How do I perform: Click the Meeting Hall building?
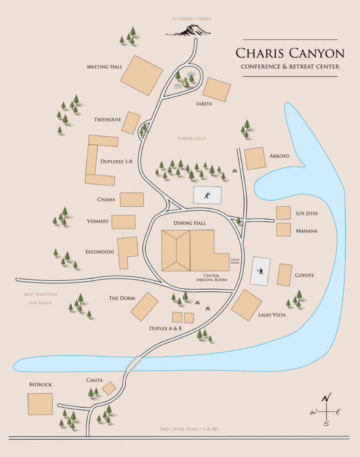pyautogui.click(x=142, y=75)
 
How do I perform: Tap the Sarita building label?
pyautogui.click(x=203, y=104)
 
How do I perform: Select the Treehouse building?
pyautogui.click(x=131, y=123)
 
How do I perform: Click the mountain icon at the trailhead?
pyautogui.click(x=190, y=30)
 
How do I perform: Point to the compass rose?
pyautogui.click(x=327, y=411)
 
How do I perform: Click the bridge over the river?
pyautogui.click(x=133, y=363)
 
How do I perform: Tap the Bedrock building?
pyautogui.click(x=40, y=404)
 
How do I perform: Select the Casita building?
pyautogui.click(x=109, y=388)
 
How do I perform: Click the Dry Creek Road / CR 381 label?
pyautogui.click(x=189, y=429)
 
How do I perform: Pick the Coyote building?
pyautogui.click(x=285, y=274)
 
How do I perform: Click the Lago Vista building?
pyautogui.click(x=246, y=305)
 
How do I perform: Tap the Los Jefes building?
pyautogui.click(x=283, y=213)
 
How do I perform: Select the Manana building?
pyautogui.click(x=283, y=229)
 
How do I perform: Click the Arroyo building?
pyautogui.click(x=255, y=158)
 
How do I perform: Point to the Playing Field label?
pyautogui.click(x=192, y=139)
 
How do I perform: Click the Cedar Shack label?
pyautogui.click(x=235, y=261)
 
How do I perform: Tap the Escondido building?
pyautogui.click(x=127, y=252)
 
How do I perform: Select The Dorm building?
pyautogui.click(x=144, y=307)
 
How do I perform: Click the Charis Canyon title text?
pyautogui.click(x=290, y=54)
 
